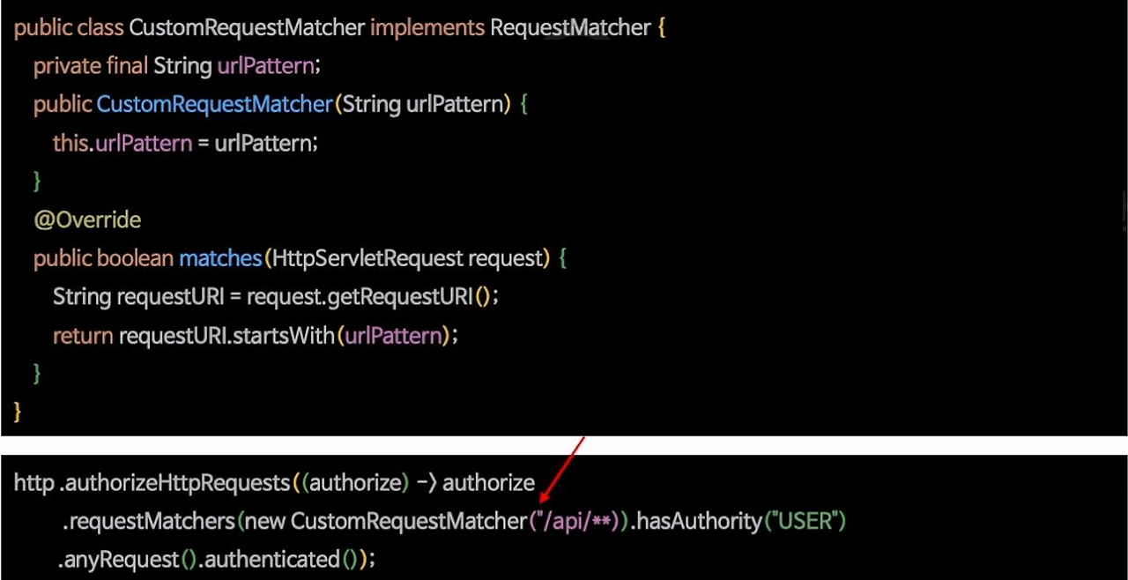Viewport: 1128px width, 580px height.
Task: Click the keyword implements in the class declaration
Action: click(427, 27)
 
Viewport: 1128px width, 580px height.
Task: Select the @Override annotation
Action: click(87, 219)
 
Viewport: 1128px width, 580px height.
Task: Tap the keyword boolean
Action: click(135, 258)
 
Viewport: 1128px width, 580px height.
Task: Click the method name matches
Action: click(220, 258)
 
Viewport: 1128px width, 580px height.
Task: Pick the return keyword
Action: click(83, 336)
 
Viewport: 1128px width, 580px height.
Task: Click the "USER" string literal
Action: click(805, 522)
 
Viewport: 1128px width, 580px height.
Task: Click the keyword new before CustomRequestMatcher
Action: click(264, 522)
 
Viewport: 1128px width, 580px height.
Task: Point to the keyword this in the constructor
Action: click(70, 143)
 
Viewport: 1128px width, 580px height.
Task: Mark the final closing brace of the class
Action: click(18, 412)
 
